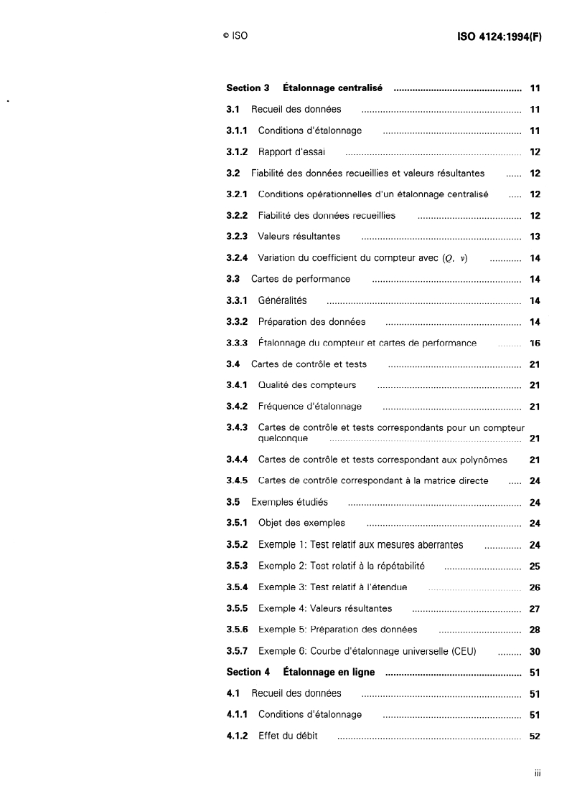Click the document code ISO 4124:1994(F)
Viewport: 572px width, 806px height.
point(499,35)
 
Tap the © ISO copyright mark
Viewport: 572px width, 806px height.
point(235,35)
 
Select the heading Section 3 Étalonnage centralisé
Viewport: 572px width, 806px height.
point(304,88)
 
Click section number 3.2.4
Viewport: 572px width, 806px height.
point(237,258)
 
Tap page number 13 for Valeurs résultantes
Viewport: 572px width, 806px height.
point(535,237)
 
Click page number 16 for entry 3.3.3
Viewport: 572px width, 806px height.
point(535,343)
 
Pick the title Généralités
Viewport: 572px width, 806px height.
point(282,300)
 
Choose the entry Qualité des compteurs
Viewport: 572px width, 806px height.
point(307,386)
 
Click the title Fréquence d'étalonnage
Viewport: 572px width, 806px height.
point(310,407)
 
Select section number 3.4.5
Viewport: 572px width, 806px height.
point(237,480)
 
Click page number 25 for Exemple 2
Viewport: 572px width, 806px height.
point(535,566)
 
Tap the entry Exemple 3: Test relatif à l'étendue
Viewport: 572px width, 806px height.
point(332,587)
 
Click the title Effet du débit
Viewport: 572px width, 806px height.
point(288,736)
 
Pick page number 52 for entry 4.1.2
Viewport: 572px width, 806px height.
point(535,736)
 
